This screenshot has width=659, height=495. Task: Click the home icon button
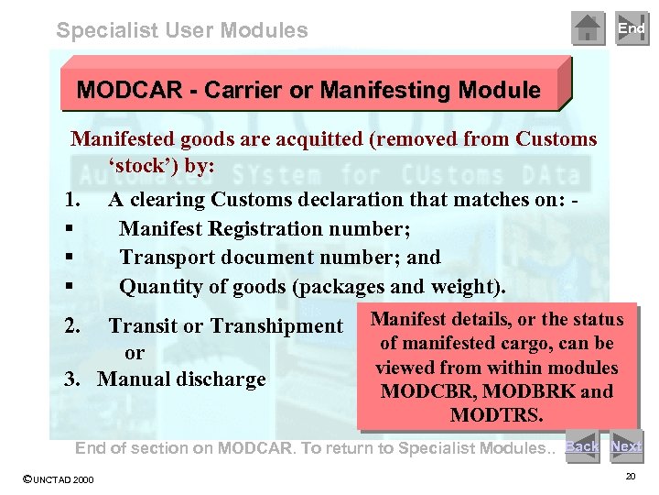588,28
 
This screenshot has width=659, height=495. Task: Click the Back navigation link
581,446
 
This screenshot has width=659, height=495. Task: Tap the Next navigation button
626,446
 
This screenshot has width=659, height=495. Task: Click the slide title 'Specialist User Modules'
182,30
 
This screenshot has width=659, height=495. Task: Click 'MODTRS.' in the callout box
497,415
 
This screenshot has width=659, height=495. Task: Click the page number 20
629,477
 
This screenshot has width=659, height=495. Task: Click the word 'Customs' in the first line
556,139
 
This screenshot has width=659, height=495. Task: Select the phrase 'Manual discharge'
181,379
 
